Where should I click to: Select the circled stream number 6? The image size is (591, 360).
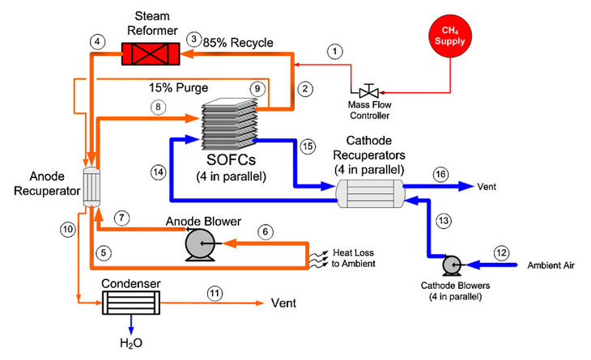pyautogui.click(x=263, y=230)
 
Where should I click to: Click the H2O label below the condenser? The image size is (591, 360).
pyautogui.click(x=130, y=343)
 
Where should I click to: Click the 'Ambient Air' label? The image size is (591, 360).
pyautogui.click(x=552, y=265)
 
